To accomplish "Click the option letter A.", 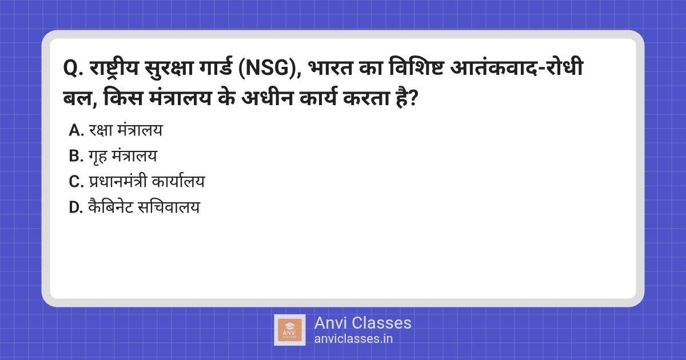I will (x=76, y=130).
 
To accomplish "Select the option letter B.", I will (x=76, y=156).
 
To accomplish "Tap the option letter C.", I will (x=76, y=182).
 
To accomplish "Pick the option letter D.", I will (x=77, y=207).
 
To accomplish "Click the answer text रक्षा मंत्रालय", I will (x=126, y=130).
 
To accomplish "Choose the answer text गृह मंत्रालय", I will (x=123, y=156).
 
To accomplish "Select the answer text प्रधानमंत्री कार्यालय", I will (x=147, y=182).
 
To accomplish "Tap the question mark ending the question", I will (x=416, y=100).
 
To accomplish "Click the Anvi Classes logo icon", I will (x=290, y=330).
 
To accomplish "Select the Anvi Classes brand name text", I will (x=362, y=323).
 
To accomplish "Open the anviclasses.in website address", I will (x=353, y=338).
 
